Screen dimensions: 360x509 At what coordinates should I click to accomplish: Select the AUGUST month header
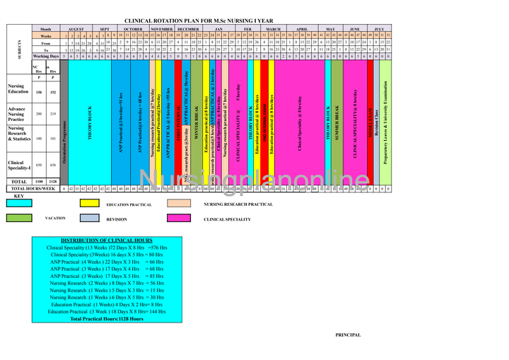[76, 29]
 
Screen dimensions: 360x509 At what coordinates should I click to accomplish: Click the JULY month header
[379, 29]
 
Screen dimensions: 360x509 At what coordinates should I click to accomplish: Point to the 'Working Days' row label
[46, 56]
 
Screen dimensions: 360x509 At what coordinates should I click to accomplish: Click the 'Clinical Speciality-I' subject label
[19, 165]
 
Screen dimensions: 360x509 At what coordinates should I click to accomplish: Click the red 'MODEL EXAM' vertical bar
[370, 127]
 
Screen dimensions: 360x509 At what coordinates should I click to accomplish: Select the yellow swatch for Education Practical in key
[89, 202]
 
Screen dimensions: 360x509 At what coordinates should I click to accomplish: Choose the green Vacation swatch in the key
[19, 219]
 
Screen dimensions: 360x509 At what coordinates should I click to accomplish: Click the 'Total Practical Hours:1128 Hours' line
[106, 319]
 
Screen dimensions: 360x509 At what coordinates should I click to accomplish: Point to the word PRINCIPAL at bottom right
[348, 335]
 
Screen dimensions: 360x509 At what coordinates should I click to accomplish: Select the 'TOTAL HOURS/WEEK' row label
[33, 189]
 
